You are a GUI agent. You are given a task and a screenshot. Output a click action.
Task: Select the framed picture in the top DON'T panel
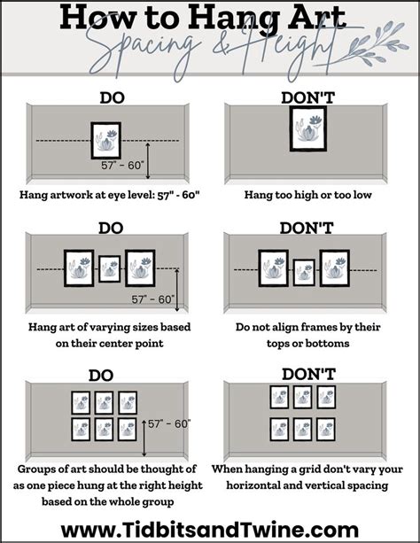click(308, 128)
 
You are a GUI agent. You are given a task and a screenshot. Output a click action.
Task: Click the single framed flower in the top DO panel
click(106, 140)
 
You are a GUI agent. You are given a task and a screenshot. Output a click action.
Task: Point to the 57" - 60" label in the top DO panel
click(122, 166)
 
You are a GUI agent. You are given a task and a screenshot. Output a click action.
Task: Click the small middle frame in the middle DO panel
click(110, 268)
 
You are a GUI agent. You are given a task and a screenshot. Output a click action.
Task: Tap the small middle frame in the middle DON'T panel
click(304, 273)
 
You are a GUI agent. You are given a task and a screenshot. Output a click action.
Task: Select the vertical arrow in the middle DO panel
click(177, 291)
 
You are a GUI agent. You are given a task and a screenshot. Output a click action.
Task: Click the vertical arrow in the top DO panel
click(148, 160)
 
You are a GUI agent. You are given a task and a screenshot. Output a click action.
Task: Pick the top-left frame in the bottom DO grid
click(81, 403)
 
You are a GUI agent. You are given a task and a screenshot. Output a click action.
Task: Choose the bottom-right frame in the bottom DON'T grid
click(326, 430)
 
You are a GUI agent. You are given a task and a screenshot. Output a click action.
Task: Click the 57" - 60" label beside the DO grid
click(169, 423)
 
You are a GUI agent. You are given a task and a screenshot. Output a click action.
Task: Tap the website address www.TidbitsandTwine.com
click(210, 531)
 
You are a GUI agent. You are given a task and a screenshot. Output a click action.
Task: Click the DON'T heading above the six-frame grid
click(308, 375)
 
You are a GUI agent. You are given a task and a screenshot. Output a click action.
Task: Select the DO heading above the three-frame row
click(111, 229)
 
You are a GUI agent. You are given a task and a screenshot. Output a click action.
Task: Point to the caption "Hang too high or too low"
click(307, 195)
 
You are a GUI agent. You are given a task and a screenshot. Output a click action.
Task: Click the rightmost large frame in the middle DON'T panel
click(334, 268)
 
